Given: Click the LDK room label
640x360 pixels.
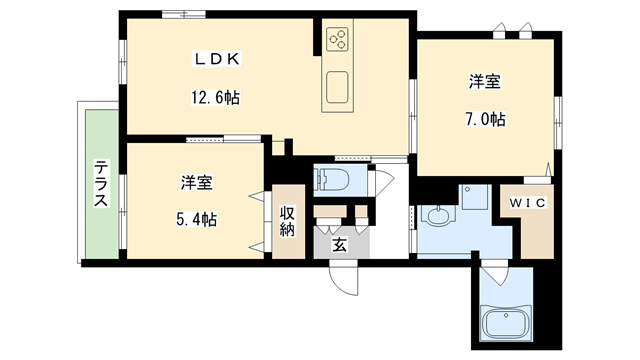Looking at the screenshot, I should (216, 60).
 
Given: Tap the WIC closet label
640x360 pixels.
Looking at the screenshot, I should (523, 204).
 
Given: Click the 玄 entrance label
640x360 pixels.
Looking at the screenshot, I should (339, 244).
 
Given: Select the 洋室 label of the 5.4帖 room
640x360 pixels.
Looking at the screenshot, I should (197, 184).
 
